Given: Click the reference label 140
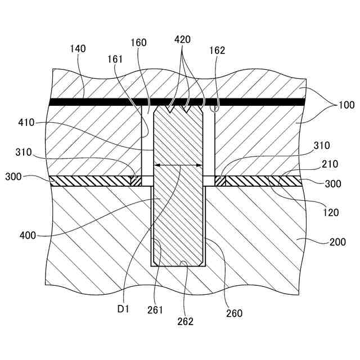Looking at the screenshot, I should pos(78,49).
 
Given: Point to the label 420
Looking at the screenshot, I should pos(183,39).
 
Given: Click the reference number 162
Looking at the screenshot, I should pos(217,50).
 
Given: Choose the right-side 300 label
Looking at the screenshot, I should pos(333,184).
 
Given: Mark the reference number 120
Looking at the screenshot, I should pos(331,213).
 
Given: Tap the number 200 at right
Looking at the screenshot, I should pos(338,242).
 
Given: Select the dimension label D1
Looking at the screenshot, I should pos(123,309).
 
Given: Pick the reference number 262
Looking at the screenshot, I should pos(185,321).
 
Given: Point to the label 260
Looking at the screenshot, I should pos(235,313).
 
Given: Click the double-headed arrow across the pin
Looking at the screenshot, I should pos(179,165).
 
